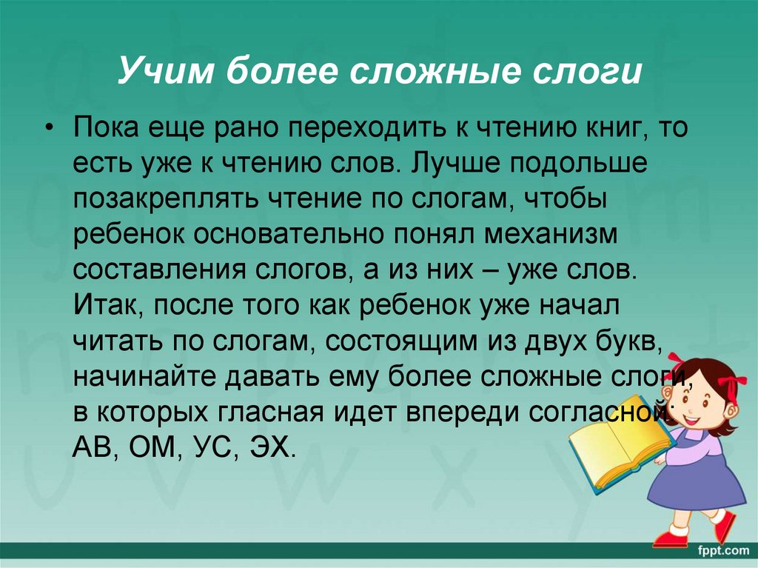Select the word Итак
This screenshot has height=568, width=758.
pos(101,304)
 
